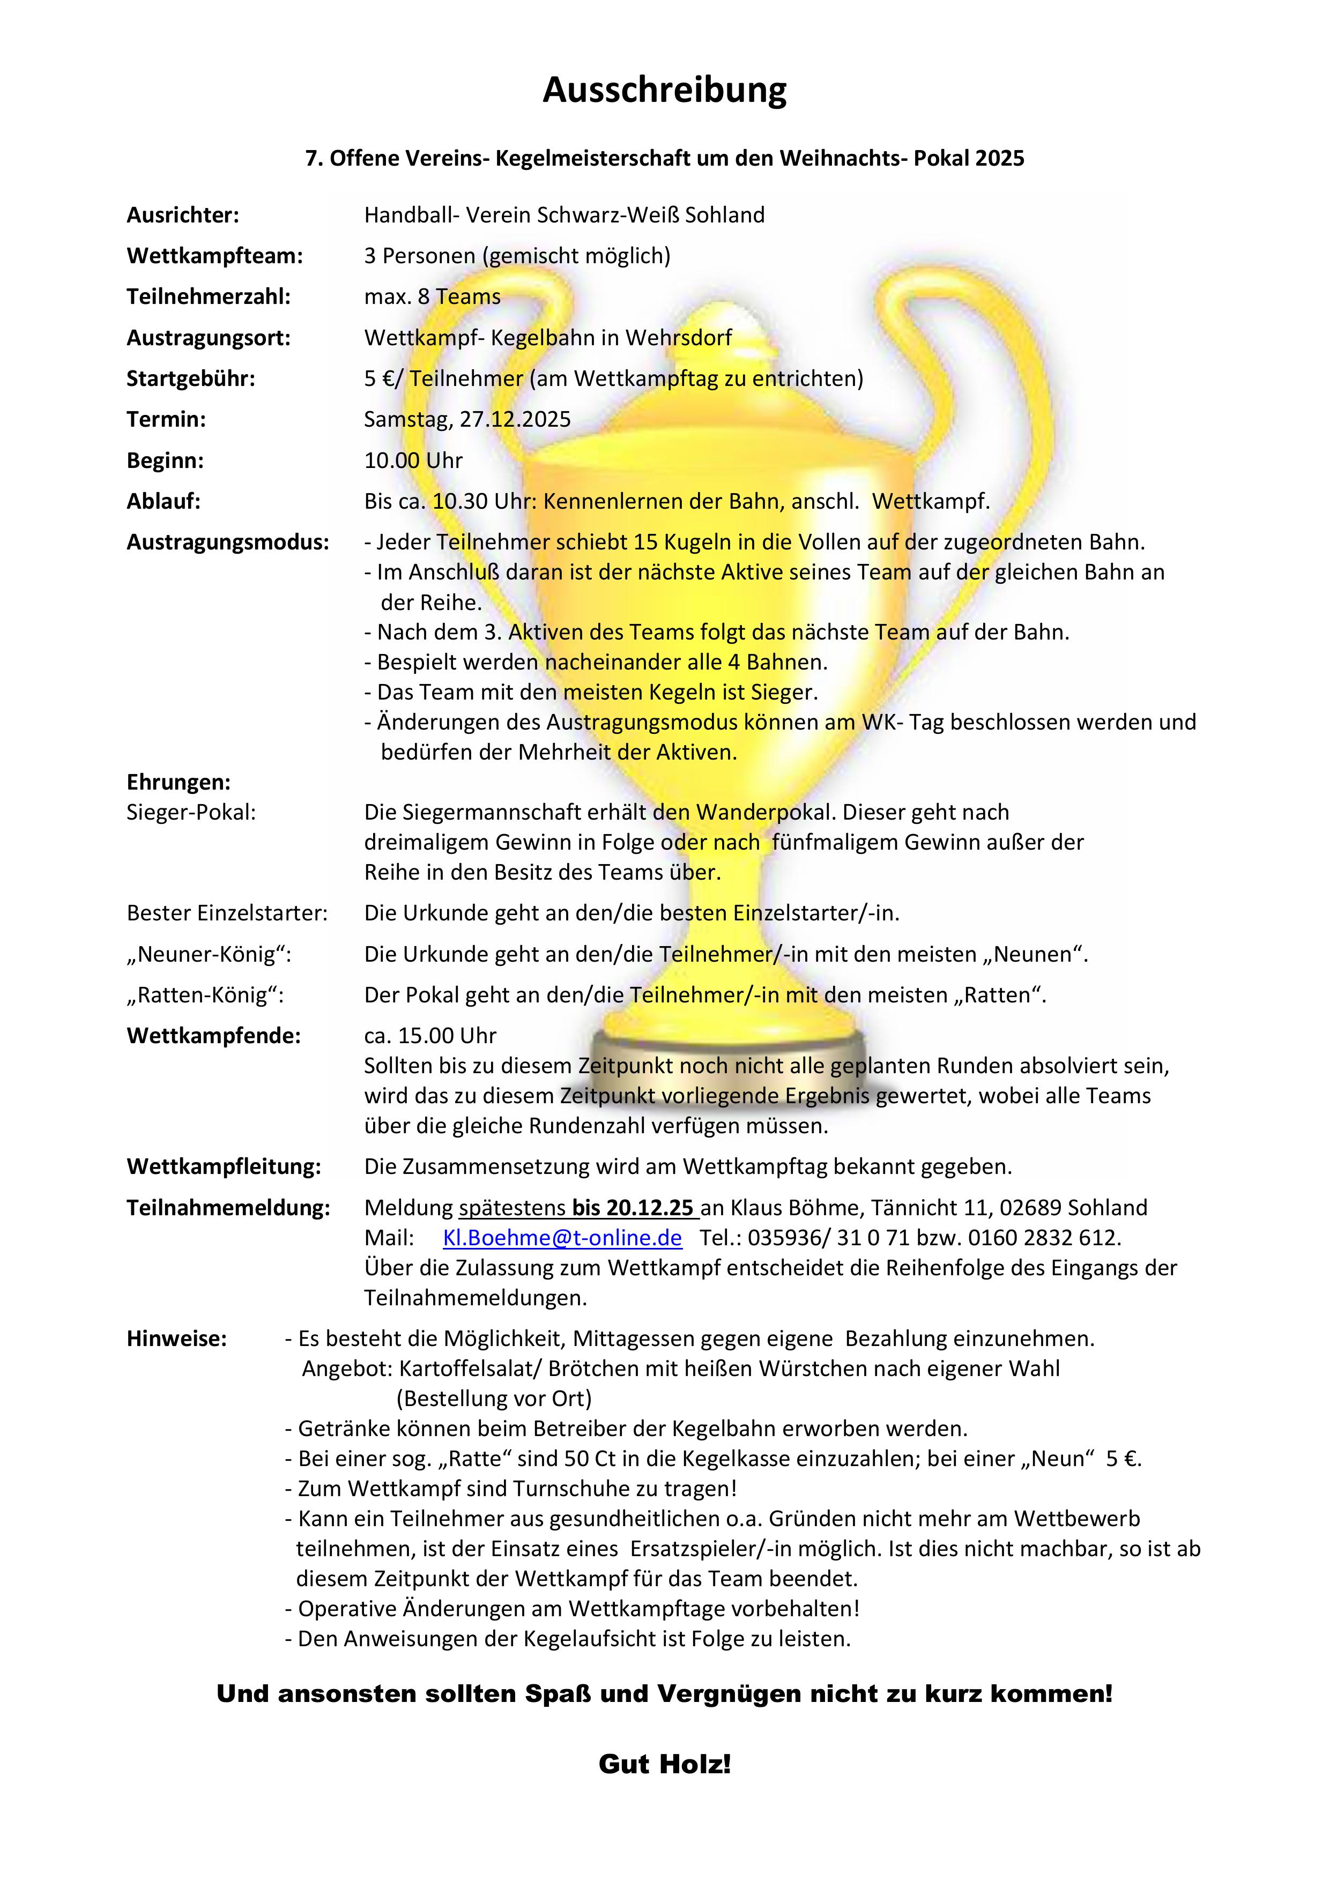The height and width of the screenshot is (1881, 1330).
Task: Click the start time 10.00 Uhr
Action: tap(413, 460)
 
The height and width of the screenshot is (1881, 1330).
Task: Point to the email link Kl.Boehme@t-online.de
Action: tap(562, 1238)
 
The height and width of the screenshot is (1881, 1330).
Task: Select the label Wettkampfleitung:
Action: tap(224, 1166)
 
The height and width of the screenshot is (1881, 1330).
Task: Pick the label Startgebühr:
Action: tap(191, 378)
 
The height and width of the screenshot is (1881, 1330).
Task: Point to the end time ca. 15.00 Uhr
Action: tap(430, 1036)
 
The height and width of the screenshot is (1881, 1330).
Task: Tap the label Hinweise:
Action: tap(176, 1339)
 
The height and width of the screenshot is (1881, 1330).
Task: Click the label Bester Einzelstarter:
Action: tap(227, 913)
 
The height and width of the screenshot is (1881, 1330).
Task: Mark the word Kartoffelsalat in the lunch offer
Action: tap(470, 1369)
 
